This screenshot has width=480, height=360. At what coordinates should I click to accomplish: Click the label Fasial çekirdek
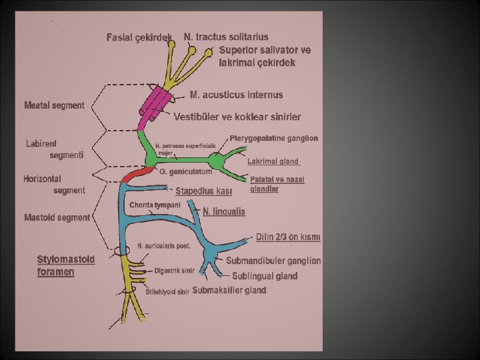click(139, 37)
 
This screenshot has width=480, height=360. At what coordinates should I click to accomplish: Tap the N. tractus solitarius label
click(227, 37)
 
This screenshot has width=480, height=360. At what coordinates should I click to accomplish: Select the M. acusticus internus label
click(236, 95)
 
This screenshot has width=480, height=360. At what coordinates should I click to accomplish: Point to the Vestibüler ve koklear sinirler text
click(237, 117)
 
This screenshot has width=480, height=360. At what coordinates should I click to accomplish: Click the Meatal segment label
click(54, 105)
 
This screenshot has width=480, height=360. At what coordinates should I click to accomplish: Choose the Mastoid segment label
click(57, 217)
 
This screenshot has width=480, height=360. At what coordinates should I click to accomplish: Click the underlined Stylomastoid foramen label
click(66, 265)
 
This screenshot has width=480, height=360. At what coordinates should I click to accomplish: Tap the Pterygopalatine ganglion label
click(273, 138)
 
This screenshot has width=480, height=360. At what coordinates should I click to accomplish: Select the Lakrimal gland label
click(273, 161)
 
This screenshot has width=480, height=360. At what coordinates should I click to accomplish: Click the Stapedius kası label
click(203, 191)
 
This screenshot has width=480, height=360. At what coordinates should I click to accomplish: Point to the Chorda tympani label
click(155, 205)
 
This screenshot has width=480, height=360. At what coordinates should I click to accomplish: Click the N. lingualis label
click(223, 211)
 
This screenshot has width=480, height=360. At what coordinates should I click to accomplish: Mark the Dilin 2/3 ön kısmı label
click(288, 237)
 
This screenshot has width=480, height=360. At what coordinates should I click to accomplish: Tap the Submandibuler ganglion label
click(273, 261)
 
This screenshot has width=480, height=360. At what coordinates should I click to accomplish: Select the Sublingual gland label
click(265, 276)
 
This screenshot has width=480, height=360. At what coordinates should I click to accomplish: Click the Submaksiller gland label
click(229, 290)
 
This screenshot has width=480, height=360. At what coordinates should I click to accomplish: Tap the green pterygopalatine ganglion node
click(216, 160)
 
